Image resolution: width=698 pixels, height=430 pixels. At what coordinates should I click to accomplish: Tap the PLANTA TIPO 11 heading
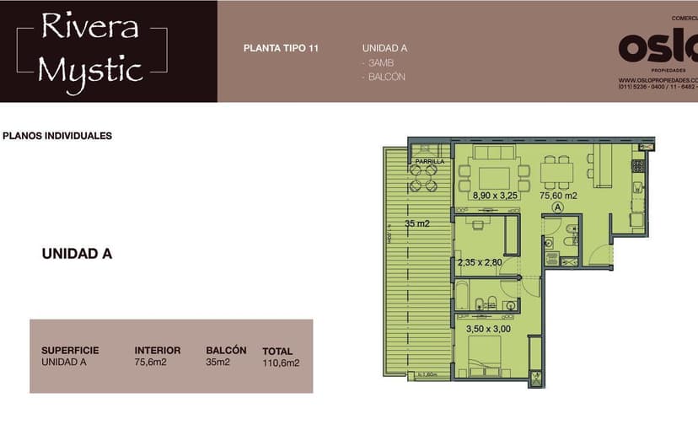click(281, 48)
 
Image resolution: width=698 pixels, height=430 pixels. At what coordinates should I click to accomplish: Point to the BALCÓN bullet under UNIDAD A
click(384, 77)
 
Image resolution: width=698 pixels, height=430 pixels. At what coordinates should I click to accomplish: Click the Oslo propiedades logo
click(658, 48)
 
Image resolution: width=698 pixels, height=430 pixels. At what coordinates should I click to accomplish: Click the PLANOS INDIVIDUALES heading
click(57, 136)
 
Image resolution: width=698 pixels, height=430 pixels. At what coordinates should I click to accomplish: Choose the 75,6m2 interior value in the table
click(152, 363)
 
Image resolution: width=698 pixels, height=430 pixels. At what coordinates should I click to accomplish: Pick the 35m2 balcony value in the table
click(217, 363)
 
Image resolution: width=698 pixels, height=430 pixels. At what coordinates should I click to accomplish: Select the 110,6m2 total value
click(281, 364)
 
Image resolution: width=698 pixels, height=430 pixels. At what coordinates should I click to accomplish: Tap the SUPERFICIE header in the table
click(70, 350)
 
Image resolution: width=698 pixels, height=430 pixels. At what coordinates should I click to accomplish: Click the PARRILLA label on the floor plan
click(429, 160)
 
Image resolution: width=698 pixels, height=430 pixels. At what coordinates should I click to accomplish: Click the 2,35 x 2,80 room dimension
click(479, 262)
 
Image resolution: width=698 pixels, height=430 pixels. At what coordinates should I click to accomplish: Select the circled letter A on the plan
click(557, 207)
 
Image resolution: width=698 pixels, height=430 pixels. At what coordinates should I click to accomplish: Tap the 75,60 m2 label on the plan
click(558, 196)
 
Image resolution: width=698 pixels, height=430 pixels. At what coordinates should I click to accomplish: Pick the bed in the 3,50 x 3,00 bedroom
click(480, 355)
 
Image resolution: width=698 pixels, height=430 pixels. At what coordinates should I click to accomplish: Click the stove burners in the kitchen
click(638, 165)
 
